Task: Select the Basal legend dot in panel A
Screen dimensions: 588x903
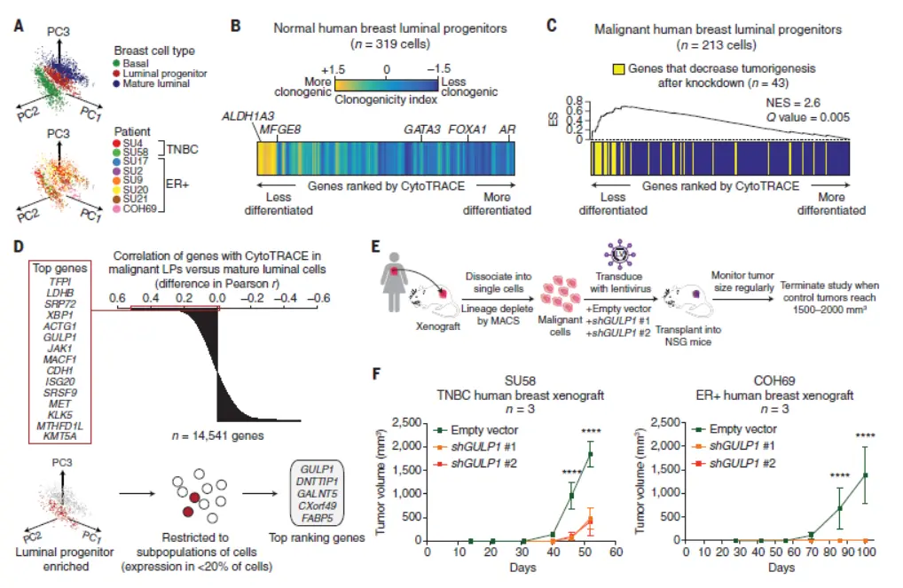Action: point(117,61)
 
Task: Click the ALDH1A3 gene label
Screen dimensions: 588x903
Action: point(251,117)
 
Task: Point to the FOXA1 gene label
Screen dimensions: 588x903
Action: point(466,129)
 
